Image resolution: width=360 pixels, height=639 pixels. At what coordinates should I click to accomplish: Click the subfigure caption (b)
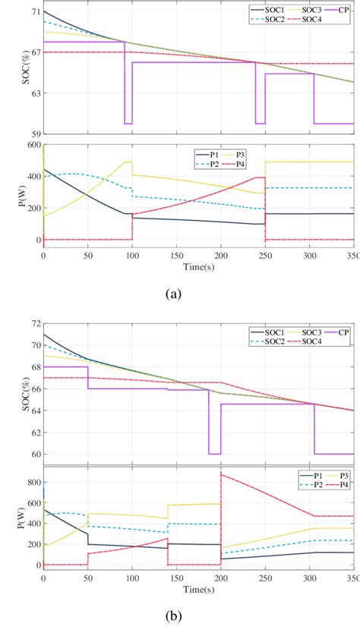coord(180,616)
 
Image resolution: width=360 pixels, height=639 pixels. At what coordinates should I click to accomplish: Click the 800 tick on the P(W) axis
coord(33,481)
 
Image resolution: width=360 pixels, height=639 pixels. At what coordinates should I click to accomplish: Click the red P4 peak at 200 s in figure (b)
coord(221,474)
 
